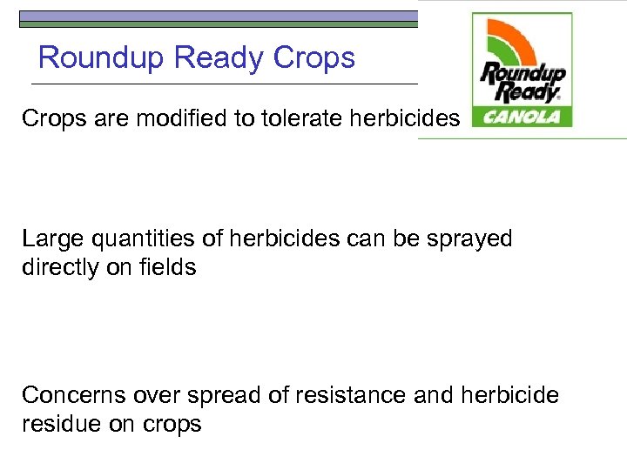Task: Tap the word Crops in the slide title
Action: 314,58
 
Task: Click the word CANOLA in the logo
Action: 522,116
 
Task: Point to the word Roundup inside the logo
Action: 523,73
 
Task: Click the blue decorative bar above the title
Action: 218,16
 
